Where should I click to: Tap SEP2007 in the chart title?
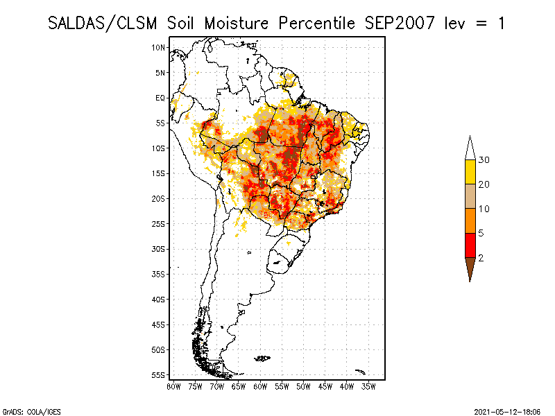point(399,23)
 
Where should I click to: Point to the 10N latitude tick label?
point(159,47)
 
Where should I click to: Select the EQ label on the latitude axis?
point(160,98)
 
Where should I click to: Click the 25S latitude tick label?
point(159,223)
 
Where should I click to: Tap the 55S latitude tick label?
point(159,374)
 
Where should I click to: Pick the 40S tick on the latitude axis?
point(159,299)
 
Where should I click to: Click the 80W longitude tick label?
point(174,385)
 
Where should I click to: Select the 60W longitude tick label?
point(260,385)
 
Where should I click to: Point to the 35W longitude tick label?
point(368,385)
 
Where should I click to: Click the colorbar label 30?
point(484,160)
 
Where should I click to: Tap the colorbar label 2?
point(481,258)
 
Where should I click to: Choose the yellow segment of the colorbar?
point(470,172)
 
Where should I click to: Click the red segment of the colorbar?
point(470,245)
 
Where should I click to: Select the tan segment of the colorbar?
point(470,196)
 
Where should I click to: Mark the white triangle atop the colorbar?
point(470,149)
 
